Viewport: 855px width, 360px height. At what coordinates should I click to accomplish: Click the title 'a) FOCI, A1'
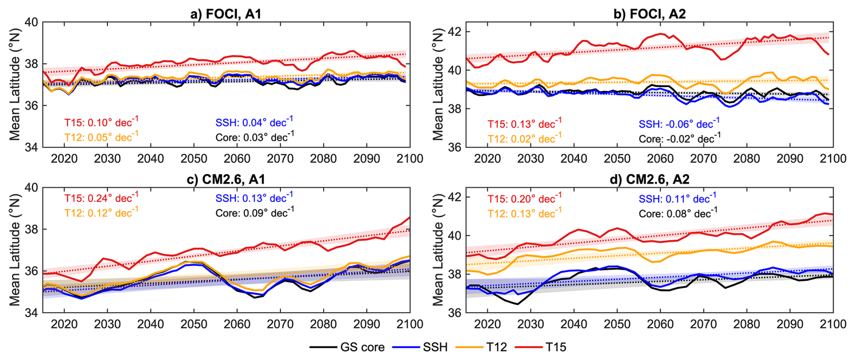click(225, 14)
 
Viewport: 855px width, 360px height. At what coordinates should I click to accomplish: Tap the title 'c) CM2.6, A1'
click(225, 179)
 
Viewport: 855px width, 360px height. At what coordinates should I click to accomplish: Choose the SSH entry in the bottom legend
click(420, 347)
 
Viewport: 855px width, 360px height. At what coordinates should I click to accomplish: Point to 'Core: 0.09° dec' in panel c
click(254, 212)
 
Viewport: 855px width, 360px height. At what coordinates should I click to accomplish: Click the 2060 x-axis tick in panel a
click(237, 159)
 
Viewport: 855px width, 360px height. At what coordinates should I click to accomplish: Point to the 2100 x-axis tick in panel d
click(833, 324)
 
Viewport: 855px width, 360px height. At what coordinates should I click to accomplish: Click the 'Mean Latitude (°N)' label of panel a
click(15, 84)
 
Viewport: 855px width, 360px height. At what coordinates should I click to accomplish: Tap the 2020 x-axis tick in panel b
click(487, 159)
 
